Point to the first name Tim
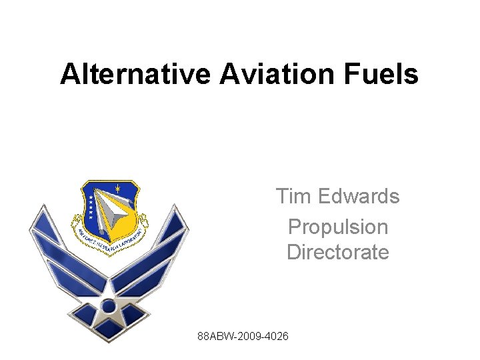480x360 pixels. click(x=293, y=197)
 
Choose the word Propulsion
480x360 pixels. click(x=337, y=227)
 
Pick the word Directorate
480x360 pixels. click(x=337, y=253)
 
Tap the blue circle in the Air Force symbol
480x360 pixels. click(x=107, y=306)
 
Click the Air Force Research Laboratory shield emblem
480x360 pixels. click(x=110, y=213)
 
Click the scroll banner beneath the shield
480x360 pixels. click(x=110, y=245)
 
